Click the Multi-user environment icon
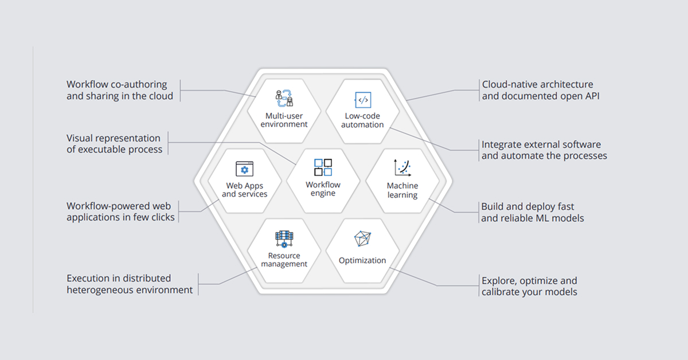(x=284, y=98)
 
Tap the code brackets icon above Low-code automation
(x=363, y=100)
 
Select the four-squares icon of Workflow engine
(x=323, y=167)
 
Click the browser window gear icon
(x=244, y=169)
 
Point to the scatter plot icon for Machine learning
(x=402, y=168)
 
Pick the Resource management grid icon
(x=284, y=239)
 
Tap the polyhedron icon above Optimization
(x=362, y=238)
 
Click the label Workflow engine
(x=323, y=189)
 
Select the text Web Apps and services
(x=244, y=190)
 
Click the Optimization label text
(x=362, y=260)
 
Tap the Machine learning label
(x=402, y=190)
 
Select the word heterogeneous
(x=100, y=289)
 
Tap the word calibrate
(x=498, y=292)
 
